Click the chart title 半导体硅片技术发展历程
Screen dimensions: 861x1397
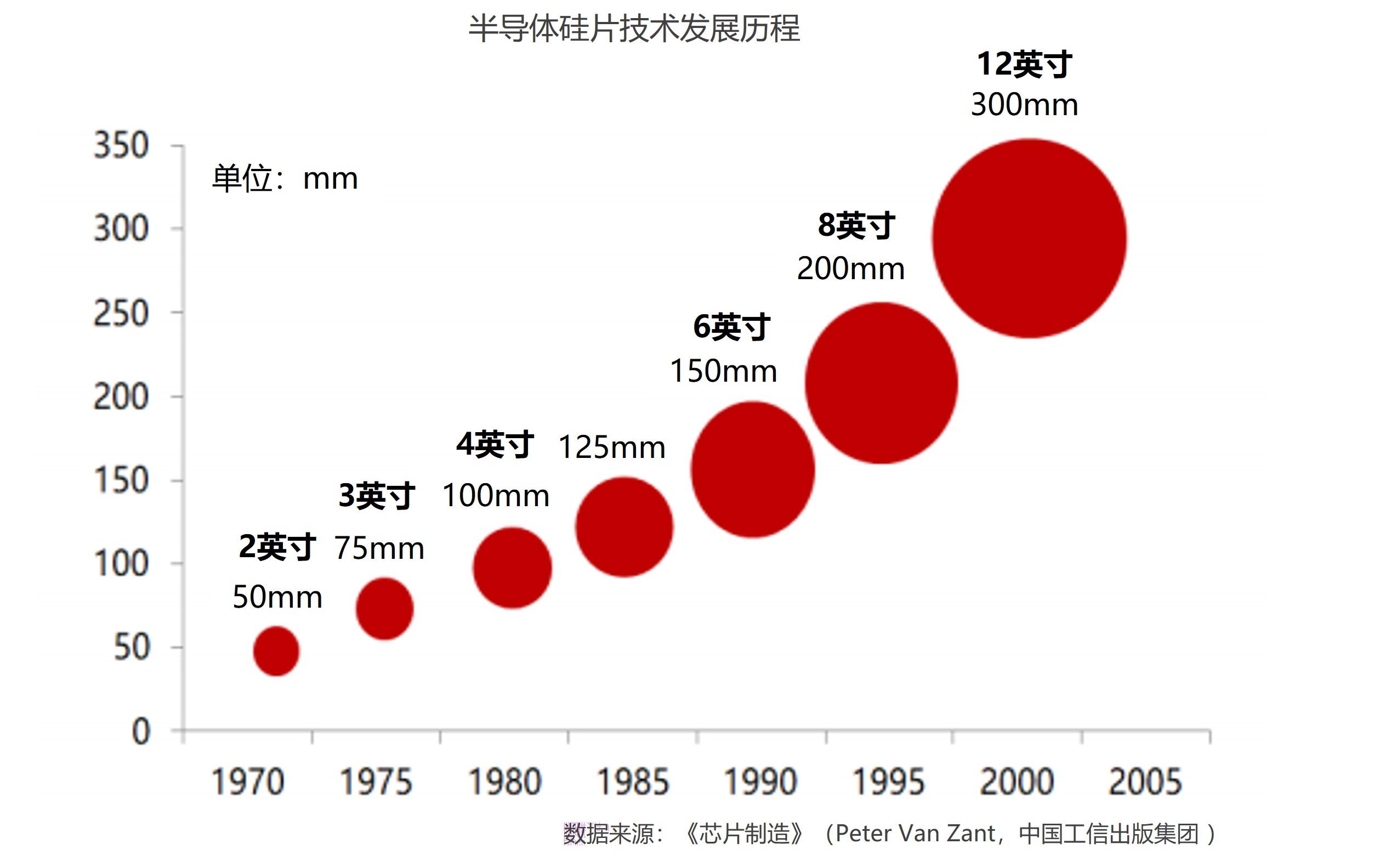tap(634, 29)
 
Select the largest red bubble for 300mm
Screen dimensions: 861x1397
tap(1029, 239)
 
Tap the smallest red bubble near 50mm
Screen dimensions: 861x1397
tap(276, 651)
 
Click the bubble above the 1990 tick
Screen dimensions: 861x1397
tap(753, 469)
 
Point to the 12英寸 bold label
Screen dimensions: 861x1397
tap(1024, 64)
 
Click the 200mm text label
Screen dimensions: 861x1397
tap(850, 269)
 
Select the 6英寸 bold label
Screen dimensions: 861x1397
tap(731, 327)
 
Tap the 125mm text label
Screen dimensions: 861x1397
tap(611, 448)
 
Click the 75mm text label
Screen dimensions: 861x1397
tap(379, 549)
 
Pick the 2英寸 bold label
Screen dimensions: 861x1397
tap(277, 547)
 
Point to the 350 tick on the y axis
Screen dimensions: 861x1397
tap(121, 146)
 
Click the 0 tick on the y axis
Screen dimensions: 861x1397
tap(140, 732)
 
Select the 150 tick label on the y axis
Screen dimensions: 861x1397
tap(121, 480)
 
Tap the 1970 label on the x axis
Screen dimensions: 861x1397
tap(248, 782)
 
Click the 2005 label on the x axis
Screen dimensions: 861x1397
tap(1145, 782)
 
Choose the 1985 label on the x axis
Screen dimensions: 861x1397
tap(633, 782)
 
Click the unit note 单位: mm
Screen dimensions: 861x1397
tap(285, 179)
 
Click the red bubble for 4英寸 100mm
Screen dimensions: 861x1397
tap(512, 568)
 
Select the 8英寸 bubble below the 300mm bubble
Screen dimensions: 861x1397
tap(881, 383)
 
